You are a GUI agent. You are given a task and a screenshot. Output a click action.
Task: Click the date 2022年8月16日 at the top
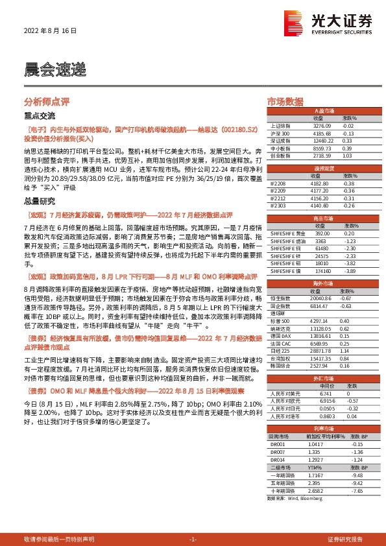point(50,30)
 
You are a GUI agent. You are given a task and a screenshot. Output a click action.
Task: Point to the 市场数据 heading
point(285,102)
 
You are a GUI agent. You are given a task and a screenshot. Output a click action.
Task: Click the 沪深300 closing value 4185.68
point(322,133)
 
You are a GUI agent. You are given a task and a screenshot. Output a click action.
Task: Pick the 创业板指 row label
point(280,156)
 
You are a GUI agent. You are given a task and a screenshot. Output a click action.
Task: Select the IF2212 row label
point(277,198)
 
